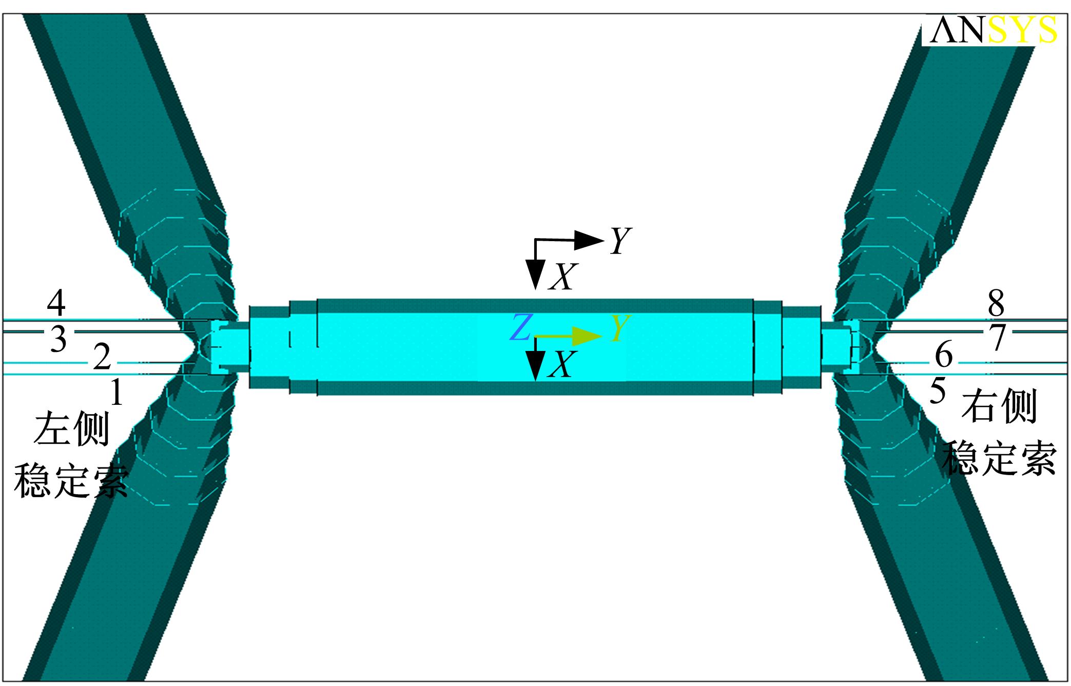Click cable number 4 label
click(56, 303)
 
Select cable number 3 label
click(59, 339)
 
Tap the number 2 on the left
click(102, 357)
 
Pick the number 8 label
click(996, 303)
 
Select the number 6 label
click(944, 355)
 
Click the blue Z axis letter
click(520, 328)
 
